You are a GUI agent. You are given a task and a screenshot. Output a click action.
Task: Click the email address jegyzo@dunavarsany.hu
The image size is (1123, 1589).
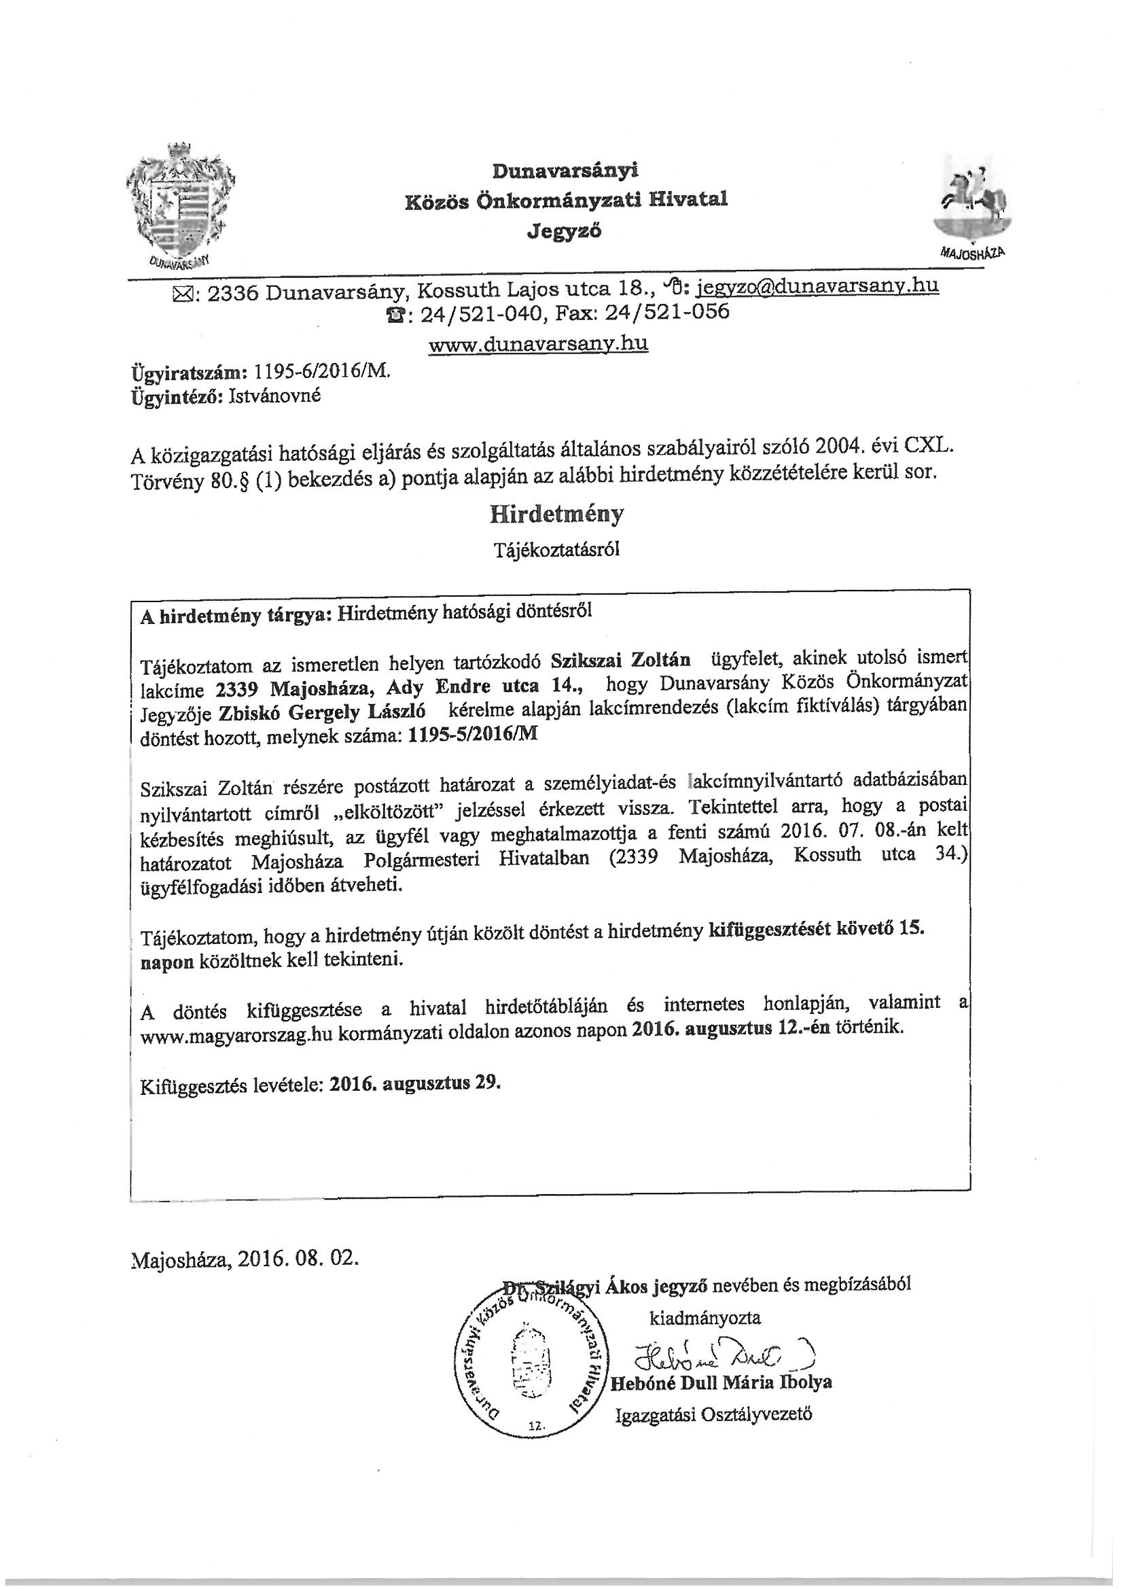(817, 286)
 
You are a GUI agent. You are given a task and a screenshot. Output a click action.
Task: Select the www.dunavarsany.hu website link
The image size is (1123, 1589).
(538, 344)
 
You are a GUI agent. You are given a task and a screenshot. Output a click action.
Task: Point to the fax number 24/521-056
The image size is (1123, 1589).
(667, 313)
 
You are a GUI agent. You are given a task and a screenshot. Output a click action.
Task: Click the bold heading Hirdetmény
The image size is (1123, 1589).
(556, 514)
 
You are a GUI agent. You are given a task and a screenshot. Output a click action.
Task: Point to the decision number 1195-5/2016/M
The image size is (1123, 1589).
(473, 735)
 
